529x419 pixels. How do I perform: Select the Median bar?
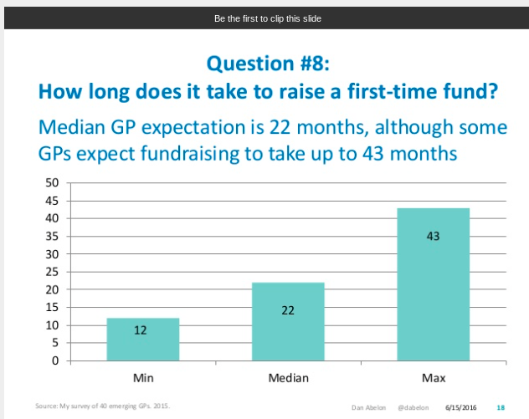288,322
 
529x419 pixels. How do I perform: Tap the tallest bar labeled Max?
433,284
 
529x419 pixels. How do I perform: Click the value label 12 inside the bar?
141,330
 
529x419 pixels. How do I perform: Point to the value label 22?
288,310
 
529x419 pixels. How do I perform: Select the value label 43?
433,237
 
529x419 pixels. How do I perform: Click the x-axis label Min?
142,379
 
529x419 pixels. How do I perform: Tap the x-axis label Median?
288,379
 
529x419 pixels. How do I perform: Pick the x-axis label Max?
433,379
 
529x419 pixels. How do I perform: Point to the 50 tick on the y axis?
51,182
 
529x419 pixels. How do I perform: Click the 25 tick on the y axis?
51,272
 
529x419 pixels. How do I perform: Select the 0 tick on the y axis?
54,361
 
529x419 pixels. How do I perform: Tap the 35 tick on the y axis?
51,236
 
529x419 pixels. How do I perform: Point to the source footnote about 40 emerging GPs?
102,406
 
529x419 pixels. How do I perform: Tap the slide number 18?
501,406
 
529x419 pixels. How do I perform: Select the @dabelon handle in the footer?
413,406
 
